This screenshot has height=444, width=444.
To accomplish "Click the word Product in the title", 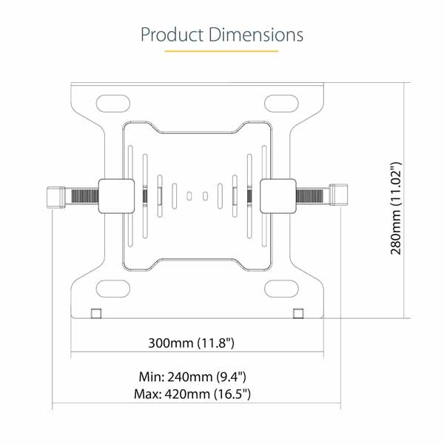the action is pos(172,35).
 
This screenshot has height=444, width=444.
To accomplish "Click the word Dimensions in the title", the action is pos(256,35).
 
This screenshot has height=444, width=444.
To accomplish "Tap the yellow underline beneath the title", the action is pos(221,51).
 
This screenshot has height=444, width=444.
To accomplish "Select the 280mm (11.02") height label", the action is pos(396,209).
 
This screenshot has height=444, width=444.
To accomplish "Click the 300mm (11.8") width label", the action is pos(192,343).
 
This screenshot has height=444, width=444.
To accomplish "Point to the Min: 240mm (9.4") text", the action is pos(192,377).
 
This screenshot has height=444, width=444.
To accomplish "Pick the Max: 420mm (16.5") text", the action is pos(192,394).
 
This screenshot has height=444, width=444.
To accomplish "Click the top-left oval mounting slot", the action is pos(113,104).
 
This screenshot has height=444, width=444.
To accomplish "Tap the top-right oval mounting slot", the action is pos(281,104).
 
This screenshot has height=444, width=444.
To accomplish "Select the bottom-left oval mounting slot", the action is pos(113,289).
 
